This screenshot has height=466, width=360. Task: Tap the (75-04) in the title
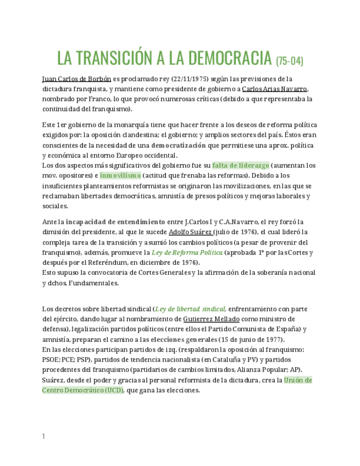tap(289, 60)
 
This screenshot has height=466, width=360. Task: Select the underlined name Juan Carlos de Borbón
tap(76, 79)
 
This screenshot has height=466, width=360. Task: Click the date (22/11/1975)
tap(190, 79)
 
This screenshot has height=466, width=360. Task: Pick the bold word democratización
tap(179, 145)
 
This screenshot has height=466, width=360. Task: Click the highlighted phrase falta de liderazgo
tap(241, 165)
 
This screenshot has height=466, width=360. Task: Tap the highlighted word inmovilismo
tap(120, 175)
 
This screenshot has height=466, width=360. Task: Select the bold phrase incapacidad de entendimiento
tap(115, 221)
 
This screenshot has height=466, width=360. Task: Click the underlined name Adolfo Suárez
tap(190, 232)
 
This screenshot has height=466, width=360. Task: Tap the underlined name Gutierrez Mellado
tap(211, 319)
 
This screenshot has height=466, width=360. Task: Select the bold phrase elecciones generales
tap(184, 339)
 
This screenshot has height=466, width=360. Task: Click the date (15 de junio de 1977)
tap(251, 339)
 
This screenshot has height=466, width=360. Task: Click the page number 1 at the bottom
tap(43, 436)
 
